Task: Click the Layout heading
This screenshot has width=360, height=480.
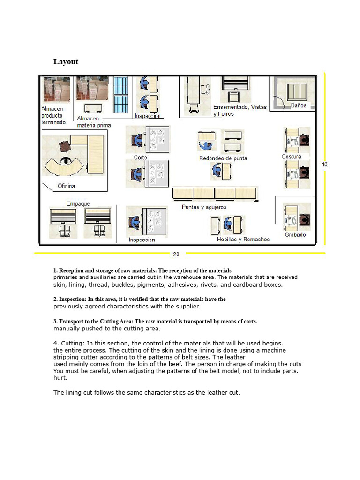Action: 66,61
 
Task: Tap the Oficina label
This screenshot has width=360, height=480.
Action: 66,186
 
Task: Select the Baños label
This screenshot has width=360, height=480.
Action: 299,105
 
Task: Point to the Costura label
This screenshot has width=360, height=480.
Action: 292,157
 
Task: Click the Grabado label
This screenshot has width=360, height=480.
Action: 295,235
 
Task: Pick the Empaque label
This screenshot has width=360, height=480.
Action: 78,204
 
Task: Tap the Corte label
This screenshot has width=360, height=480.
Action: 140,157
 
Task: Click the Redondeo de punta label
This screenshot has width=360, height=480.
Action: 223,158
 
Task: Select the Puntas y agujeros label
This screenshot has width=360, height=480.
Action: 204,207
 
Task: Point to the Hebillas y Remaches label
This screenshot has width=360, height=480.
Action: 243,240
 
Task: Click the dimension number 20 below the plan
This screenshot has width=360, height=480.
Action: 176,254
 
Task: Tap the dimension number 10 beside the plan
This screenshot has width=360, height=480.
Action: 324,165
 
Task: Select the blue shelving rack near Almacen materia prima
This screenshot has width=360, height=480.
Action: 121,95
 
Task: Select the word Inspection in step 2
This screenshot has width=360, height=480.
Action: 72,300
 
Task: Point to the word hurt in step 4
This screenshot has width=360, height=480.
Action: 60,378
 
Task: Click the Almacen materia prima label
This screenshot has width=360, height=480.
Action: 94,122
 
